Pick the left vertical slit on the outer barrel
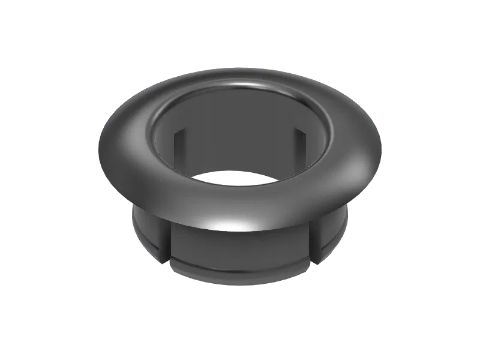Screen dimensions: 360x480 167,243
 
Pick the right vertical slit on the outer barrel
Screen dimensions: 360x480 314,242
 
